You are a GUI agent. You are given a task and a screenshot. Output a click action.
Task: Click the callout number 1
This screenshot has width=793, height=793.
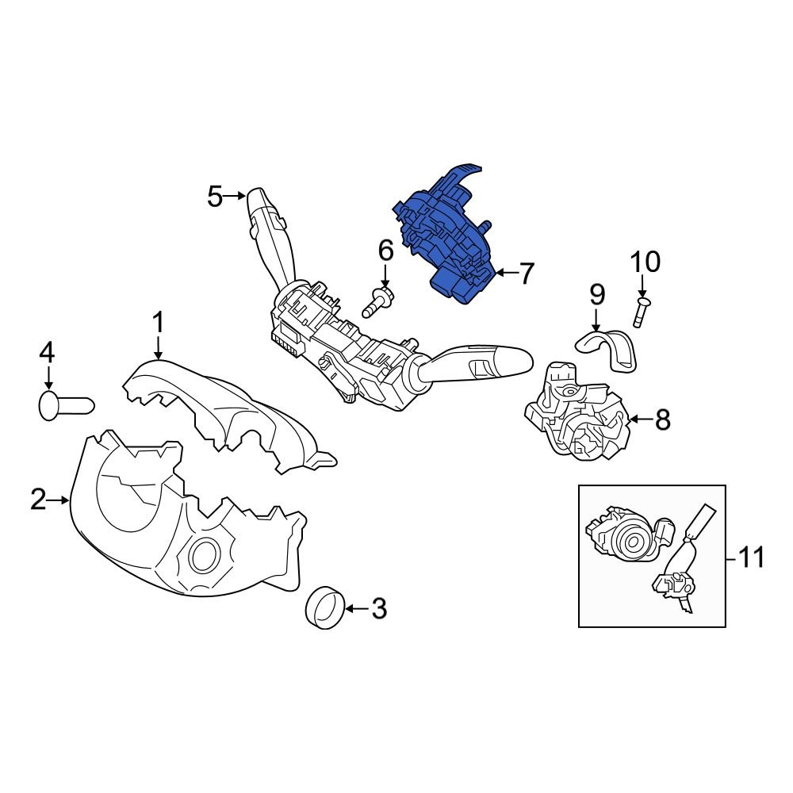tap(158, 323)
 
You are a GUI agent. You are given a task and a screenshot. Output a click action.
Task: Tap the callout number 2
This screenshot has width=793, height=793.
tap(39, 500)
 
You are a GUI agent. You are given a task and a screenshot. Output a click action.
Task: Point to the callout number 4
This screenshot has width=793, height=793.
tap(48, 352)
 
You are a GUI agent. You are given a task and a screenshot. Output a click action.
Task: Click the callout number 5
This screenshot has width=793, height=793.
tap(215, 196)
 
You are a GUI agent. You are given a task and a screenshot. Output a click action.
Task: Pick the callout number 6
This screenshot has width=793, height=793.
tap(385, 251)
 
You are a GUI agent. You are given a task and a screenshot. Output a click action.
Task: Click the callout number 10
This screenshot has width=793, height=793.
tap(645, 262)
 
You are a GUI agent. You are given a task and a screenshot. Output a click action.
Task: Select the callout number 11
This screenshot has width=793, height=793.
tap(749, 557)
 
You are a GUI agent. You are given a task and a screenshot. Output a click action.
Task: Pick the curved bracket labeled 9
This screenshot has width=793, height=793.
tap(607, 349)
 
